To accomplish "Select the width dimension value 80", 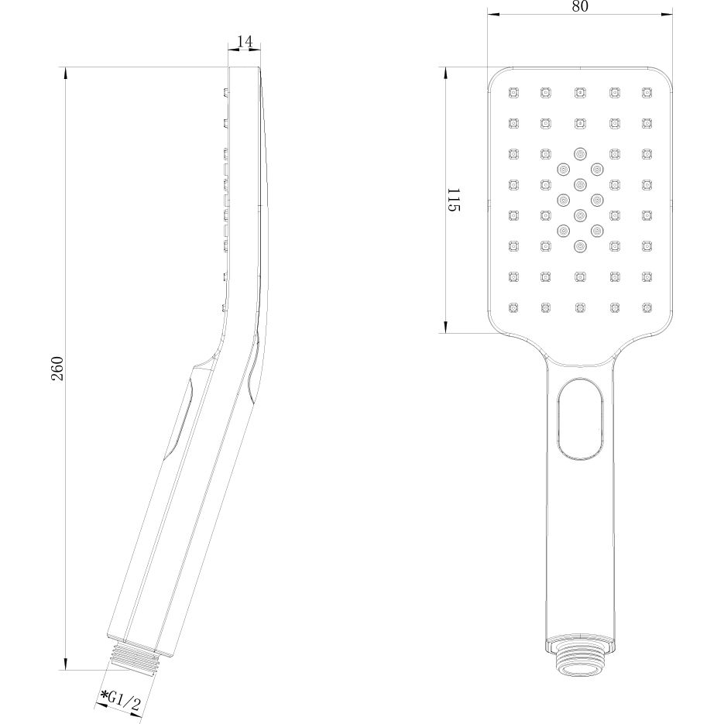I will (579, 7).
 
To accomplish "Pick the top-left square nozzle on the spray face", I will (512, 94).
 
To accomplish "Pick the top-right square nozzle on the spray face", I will (647, 94).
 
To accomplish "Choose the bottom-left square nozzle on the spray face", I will (512, 307).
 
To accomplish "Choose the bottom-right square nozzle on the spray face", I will (647, 307).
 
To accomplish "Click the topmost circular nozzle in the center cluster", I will (579, 153).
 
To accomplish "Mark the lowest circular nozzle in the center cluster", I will (579, 246).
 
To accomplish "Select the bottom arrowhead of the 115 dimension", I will (445, 328).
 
